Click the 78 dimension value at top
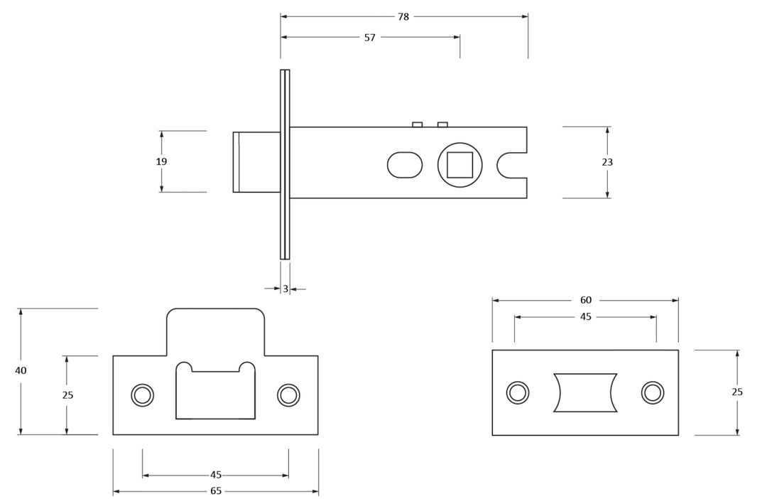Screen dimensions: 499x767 coord(403,16)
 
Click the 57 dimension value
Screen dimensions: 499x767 coord(369,38)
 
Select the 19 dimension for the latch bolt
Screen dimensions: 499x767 coord(161,162)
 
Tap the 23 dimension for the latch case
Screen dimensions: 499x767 coord(607,162)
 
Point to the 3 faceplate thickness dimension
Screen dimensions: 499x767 coord(285,289)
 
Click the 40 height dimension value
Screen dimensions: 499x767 coord(21,370)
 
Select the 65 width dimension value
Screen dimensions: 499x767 coord(216,491)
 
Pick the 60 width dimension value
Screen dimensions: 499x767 coord(585,301)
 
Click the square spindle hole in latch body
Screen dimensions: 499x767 coord(459,165)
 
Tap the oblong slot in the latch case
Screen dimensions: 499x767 coord(405,165)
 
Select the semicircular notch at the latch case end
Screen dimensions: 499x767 coord(508,165)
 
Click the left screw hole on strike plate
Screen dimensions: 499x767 coord(143,395)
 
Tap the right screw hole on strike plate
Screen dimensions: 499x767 coord(288,395)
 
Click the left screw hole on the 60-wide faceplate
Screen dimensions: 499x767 coord(518,392)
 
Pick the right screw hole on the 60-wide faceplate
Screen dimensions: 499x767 coord(653,392)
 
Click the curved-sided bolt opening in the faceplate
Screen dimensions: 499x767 coord(585,392)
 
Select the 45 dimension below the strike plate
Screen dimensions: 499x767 coord(216,475)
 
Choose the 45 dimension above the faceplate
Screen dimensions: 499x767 coord(585,317)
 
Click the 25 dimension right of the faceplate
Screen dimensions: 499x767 coord(737,392)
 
